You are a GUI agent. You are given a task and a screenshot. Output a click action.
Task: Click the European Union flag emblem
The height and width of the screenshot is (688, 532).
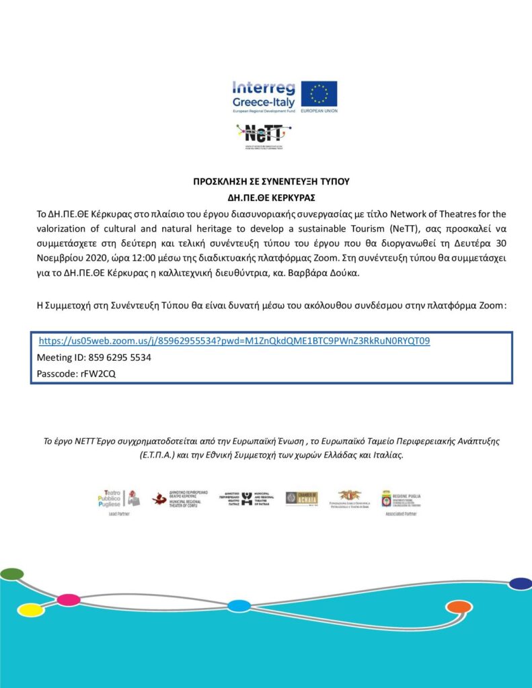click(x=319, y=94)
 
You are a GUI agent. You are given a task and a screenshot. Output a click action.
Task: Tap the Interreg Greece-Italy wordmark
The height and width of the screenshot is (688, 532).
click(x=264, y=95)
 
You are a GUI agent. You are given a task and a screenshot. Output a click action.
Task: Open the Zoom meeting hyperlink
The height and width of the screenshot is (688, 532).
click(x=234, y=341)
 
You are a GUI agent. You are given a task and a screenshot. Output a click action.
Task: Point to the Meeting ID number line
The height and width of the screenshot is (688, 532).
click(x=93, y=358)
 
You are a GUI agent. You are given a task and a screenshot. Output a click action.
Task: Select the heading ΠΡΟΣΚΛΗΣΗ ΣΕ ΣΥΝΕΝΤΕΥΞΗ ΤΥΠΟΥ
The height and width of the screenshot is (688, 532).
click(x=271, y=182)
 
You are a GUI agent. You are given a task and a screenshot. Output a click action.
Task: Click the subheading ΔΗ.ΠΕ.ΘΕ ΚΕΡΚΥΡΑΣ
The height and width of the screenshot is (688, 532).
click(x=271, y=198)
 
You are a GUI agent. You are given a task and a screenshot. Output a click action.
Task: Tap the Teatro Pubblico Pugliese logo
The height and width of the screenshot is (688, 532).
click(x=118, y=499)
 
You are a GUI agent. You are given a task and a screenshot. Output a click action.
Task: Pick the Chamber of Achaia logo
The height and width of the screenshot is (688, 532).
click(x=301, y=499)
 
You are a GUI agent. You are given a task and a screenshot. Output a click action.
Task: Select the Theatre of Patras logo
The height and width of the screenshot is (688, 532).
click(x=245, y=499)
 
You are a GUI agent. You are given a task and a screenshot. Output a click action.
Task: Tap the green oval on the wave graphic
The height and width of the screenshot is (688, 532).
click(x=12, y=574)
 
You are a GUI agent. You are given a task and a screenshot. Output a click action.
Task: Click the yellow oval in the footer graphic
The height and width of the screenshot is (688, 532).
click(x=30, y=609)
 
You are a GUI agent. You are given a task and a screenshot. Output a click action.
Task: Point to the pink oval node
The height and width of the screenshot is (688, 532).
click(x=68, y=599)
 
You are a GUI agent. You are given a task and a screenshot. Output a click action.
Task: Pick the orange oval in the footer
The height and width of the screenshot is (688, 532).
click(x=459, y=607)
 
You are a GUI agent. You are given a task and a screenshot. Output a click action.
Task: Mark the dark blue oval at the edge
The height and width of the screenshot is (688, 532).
click(x=521, y=583)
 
